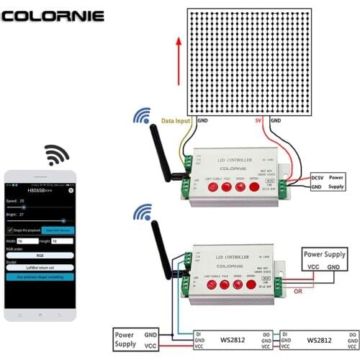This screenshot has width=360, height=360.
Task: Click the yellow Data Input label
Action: pyautogui.click(x=176, y=121)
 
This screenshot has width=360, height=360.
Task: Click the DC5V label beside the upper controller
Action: pyautogui.click(x=318, y=176)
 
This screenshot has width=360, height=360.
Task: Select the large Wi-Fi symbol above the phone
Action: pyautogui.click(x=56, y=154)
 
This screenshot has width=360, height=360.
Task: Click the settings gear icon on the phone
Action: pyautogui.click(x=71, y=191)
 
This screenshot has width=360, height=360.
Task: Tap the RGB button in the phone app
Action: pyautogui.click(x=40, y=254)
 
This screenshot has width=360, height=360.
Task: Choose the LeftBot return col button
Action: pyautogui.click(x=40, y=267)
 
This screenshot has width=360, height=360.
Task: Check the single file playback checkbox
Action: pyautogui.click(x=11, y=229)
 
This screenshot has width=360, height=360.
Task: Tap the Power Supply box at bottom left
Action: pyautogui.click(x=134, y=338)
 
